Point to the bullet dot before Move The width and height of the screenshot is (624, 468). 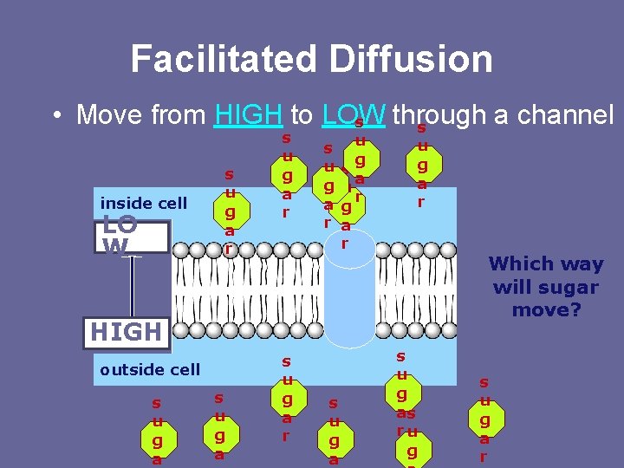[x=55, y=115]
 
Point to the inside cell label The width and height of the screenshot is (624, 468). [x=144, y=204]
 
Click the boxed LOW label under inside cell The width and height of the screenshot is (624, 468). [x=130, y=237]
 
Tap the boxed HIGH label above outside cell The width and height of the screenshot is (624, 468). [x=127, y=332]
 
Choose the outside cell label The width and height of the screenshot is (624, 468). [x=149, y=369]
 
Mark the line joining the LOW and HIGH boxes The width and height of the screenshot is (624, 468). [x=133, y=286]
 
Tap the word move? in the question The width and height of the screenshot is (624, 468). [x=546, y=309]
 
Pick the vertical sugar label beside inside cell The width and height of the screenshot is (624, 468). [x=229, y=211]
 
